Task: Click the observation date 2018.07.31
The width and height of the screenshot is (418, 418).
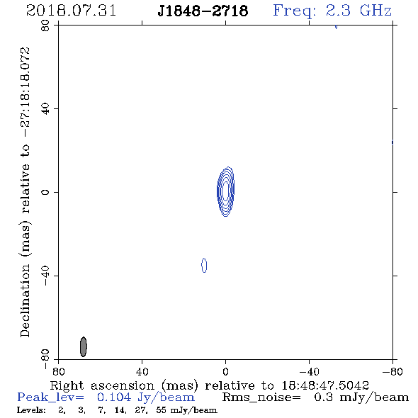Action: (x=71, y=11)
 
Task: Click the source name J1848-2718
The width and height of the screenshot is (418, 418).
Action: (x=203, y=11)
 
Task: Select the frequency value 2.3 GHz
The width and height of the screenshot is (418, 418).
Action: (x=358, y=11)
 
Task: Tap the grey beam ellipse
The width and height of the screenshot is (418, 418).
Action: (x=84, y=346)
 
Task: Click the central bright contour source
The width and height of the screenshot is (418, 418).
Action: (x=225, y=191)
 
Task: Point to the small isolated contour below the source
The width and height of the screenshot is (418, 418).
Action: (x=204, y=265)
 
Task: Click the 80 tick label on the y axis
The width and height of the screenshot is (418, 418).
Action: (x=45, y=26)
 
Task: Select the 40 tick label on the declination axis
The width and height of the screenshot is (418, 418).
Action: (x=45, y=109)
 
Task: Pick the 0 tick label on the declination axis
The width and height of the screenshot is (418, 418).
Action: (x=45, y=192)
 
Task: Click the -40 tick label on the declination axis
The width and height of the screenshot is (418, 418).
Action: (x=45, y=276)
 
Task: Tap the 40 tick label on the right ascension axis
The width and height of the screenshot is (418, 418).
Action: (x=142, y=372)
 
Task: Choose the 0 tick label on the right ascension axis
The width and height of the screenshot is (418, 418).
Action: (x=225, y=372)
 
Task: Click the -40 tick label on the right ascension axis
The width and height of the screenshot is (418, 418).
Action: (x=309, y=372)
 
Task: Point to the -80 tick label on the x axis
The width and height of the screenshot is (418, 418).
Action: (x=392, y=372)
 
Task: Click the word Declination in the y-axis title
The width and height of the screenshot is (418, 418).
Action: (x=25, y=300)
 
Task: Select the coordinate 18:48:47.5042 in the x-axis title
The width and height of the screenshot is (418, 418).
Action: (x=325, y=385)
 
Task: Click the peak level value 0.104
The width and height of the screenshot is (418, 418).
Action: (x=114, y=397)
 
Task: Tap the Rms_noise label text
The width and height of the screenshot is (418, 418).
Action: (x=261, y=397)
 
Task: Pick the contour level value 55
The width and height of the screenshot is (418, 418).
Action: (x=162, y=409)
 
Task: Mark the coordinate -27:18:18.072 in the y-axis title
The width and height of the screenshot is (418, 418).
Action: (x=25, y=92)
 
